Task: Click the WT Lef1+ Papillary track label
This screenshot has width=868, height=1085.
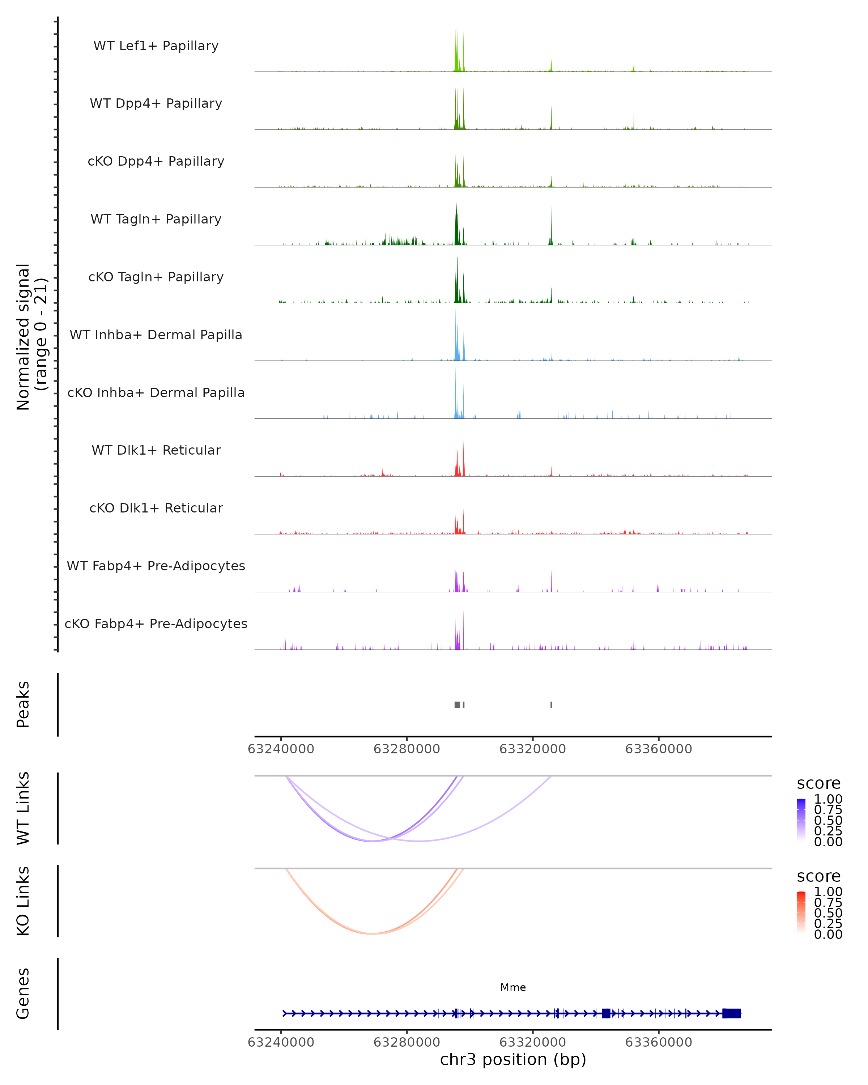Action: click(x=156, y=46)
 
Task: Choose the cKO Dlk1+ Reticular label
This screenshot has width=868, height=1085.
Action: click(x=156, y=508)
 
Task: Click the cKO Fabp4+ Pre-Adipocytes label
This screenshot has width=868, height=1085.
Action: click(x=156, y=624)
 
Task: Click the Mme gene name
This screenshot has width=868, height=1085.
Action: click(x=513, y=987)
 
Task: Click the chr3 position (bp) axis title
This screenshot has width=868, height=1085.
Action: click(x=513, y=1059)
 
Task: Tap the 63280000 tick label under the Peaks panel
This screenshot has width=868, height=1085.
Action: click(x=407, y=749)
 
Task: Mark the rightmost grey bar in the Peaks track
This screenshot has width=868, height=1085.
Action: click(x=551, y=705)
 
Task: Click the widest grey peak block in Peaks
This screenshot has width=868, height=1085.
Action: click(x=457, y=705)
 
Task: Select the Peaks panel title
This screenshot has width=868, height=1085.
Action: click(x=23, y=705)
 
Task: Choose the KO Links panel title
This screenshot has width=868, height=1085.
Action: click(x=23, y=901)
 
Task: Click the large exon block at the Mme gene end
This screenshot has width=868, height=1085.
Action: click(x=731, y=1013)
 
